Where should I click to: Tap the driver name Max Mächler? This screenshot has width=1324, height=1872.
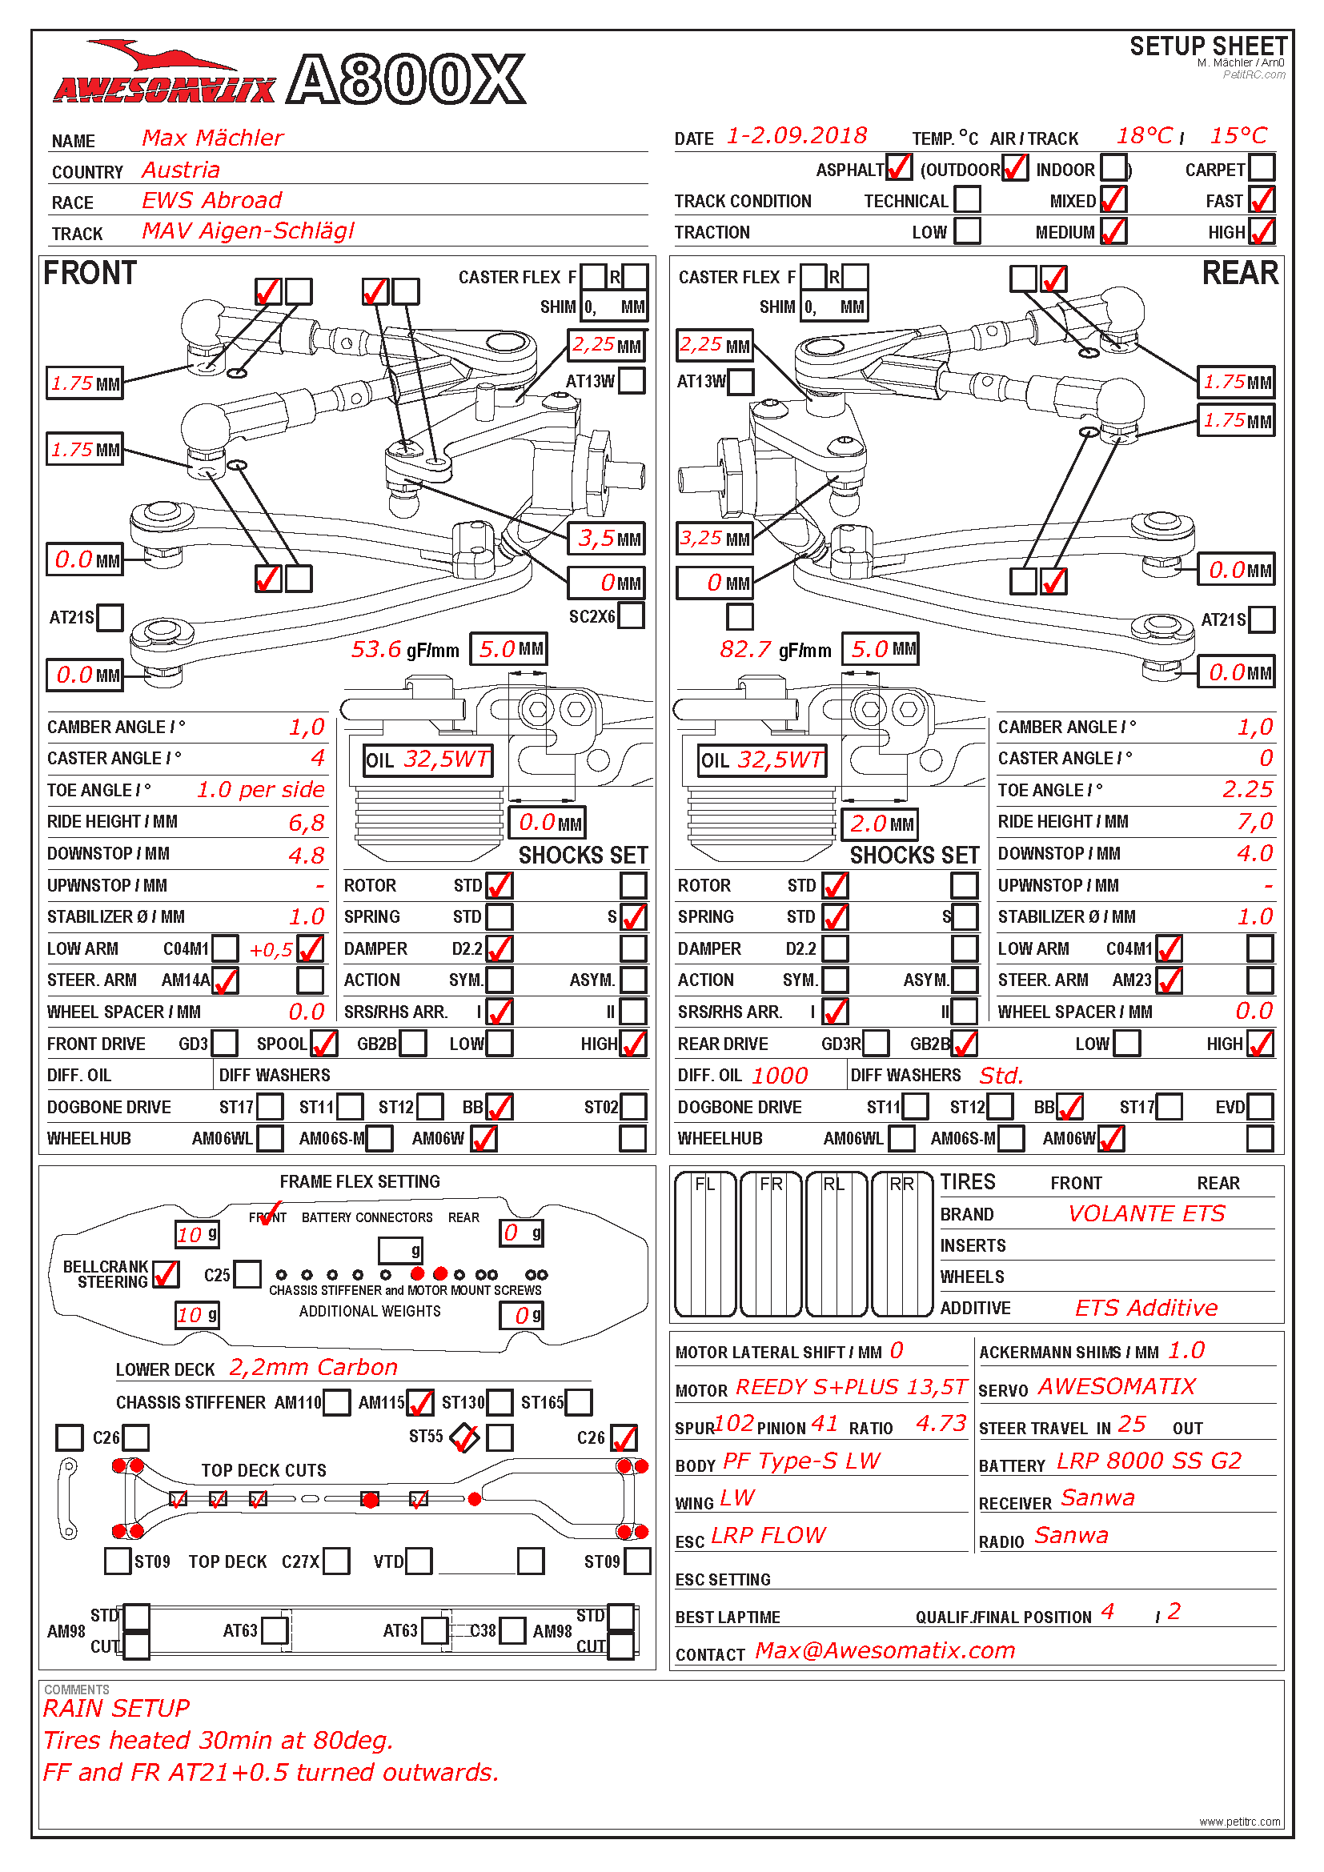pyautogui.click(x=213, y=138)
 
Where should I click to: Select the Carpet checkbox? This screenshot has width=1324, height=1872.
pyautogui.click(x=1262, y=168)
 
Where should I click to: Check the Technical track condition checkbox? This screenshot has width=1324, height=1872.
pyautogui.click(x=967, y=200)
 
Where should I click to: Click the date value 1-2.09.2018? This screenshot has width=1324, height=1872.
pyautogui.click(x=796, y=136)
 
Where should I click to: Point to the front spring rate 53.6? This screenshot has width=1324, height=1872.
pyautogui.click(x=376, y=649)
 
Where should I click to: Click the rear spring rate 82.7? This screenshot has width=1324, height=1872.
pyautogui.click(x=745, y=649)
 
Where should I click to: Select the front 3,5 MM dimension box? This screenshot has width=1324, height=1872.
pyautogui.click(x=607, y=539)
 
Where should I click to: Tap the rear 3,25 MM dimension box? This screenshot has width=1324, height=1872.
pyautogui.click(x=714, y=539)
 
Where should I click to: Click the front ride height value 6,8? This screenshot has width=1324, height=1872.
pyautogui.click(x=307, y=823)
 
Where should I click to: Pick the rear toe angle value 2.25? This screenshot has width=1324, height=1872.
pyautogui.click(x=1247, y=789)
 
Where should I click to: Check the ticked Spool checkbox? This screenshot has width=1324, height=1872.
pyautogui.click(x=323, y=1044)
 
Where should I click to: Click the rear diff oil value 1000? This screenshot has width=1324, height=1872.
pyautogui.click(x=780, y=1076)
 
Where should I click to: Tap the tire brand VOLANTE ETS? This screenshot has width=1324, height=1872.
pyautogui.click(x=1146, y=1214)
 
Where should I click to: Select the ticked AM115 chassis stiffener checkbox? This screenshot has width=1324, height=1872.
pyautogui.click(x=420, y=1402)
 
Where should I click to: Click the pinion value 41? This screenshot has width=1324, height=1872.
pyautogui.click(x=824, y=1424)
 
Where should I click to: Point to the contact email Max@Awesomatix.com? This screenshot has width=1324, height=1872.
pyautogui.click(x=885, y=1650)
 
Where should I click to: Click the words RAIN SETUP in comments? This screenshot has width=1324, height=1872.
pyautogui.click(x=117, y=1708)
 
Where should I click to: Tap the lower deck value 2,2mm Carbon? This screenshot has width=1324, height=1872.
pyautogui.click(x=313, y=1367)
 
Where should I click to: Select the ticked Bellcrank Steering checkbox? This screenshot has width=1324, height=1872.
pyautogui.click(x=166, y=1274)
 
